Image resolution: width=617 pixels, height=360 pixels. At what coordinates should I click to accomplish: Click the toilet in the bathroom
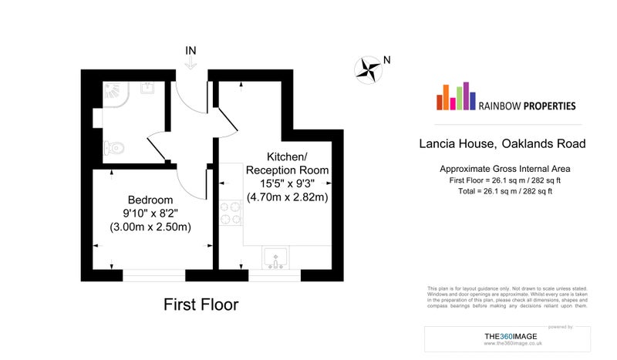pos(114,148)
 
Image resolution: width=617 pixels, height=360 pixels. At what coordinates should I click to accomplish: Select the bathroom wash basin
pos(147,88)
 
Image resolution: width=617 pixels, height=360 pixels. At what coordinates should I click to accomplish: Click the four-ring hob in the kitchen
pos(231,213)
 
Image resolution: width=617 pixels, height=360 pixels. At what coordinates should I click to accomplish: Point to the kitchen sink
pos(275,257)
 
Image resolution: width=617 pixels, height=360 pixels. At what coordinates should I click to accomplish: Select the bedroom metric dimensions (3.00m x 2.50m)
pos(150,227)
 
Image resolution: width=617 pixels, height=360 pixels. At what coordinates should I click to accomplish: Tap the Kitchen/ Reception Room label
pos(287,163)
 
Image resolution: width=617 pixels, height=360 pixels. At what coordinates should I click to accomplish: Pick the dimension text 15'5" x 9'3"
pos(287,183)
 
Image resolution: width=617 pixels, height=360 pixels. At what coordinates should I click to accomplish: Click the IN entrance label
pos(190,51)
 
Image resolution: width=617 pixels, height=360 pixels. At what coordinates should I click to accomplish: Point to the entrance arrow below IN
pos(190,63)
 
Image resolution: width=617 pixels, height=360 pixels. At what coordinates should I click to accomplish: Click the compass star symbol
pos(369,70)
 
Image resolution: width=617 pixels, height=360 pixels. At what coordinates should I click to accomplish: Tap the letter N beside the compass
pos(387,60)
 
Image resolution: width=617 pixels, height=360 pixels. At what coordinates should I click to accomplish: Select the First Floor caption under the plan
pos(201,304)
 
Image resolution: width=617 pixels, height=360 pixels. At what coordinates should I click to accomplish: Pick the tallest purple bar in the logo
pos(467,96)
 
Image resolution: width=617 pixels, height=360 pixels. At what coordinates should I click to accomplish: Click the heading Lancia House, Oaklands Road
pos(503,143)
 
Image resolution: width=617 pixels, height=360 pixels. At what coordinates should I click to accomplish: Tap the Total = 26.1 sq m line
pos(505,191)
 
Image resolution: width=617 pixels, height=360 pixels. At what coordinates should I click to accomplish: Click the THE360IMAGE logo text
pos(511,336)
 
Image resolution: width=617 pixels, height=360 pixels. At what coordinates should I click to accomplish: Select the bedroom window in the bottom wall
pos(153,275)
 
